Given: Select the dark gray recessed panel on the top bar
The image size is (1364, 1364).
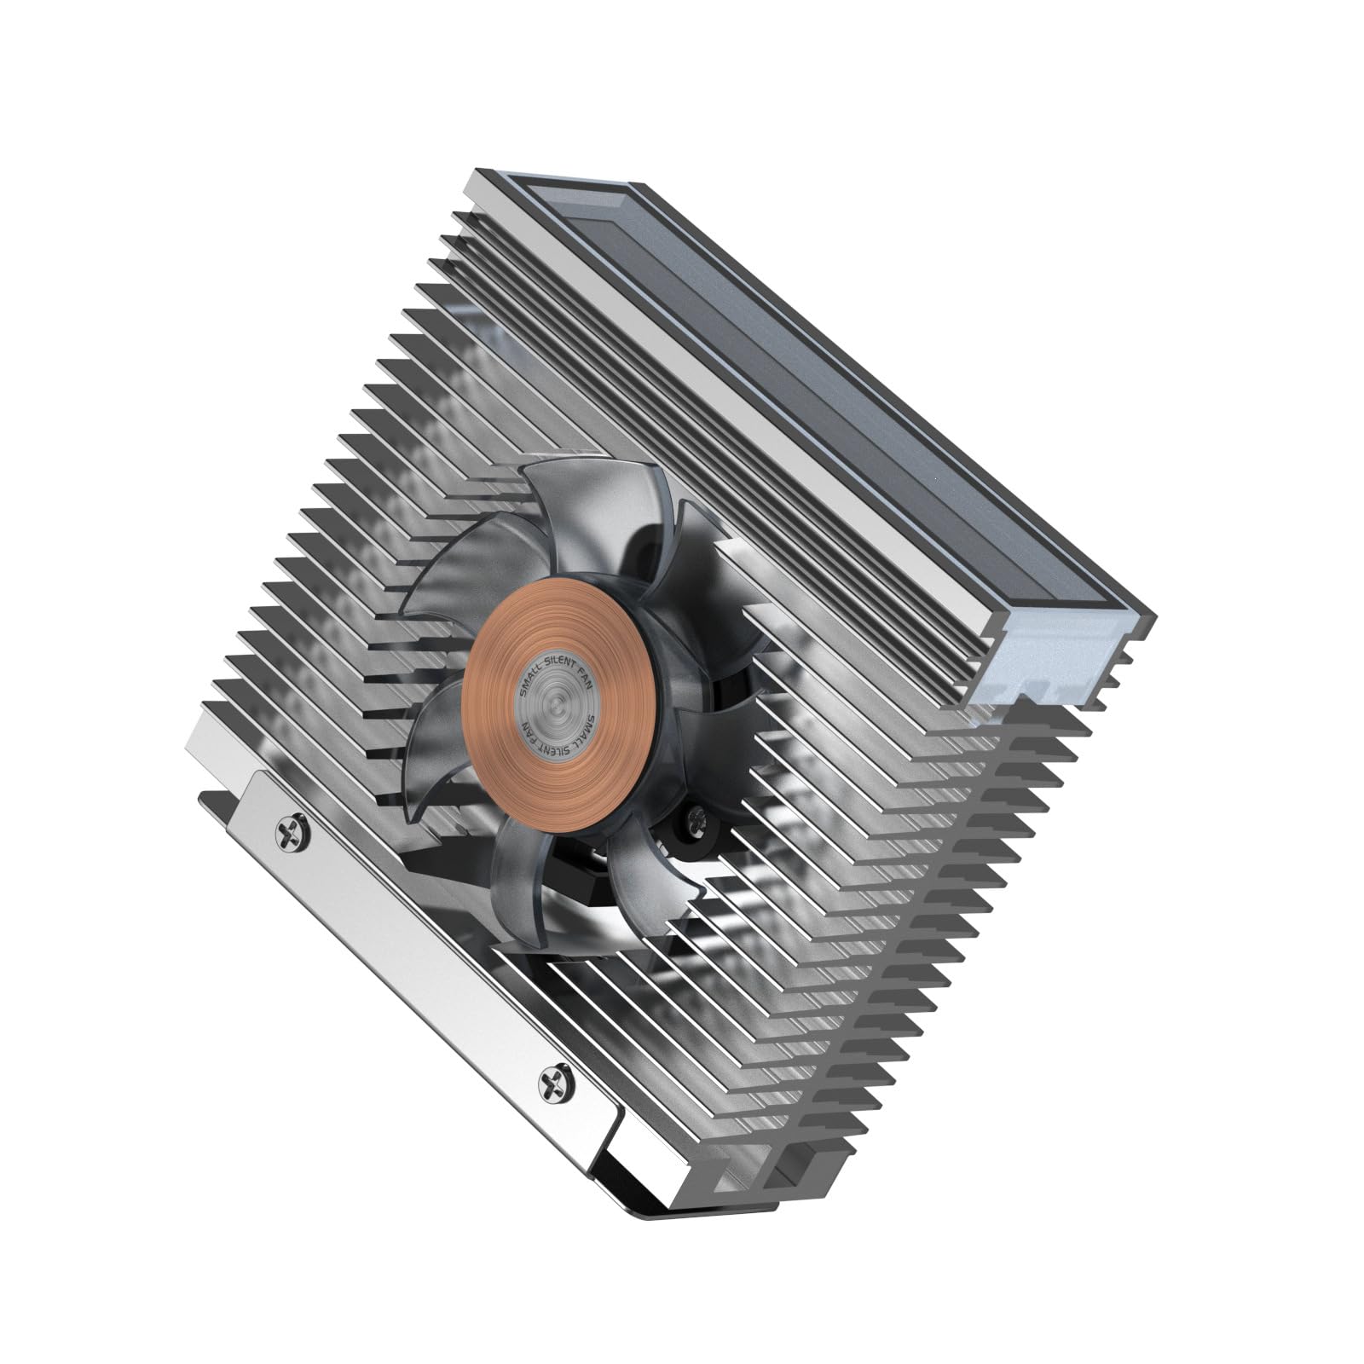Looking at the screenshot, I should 818,384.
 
